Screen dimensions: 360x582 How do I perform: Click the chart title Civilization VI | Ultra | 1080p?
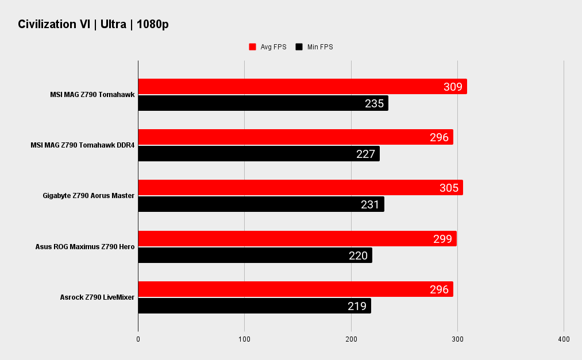tap(93, 24)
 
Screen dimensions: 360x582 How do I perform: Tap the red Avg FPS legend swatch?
tap(252, 47)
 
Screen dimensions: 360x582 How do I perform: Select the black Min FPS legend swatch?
tap(299, 47)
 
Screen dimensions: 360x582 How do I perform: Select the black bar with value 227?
tap(259, 154)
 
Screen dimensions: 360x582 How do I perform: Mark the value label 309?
tap(453, 87)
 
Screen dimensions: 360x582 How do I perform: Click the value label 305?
tap(449, 188)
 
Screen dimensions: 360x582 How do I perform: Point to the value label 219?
tap(357, 306)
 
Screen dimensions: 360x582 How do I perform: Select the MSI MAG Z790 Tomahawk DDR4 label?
tap(83, 146)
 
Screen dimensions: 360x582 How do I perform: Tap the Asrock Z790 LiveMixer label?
tap(97, 297)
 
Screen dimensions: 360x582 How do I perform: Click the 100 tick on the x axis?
tap(245, 339)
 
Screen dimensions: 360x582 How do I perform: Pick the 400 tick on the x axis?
tap(564, 339)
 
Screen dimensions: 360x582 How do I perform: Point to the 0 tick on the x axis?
tap(138, 339)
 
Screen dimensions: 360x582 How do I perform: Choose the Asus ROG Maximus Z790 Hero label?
tap(85, 247)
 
